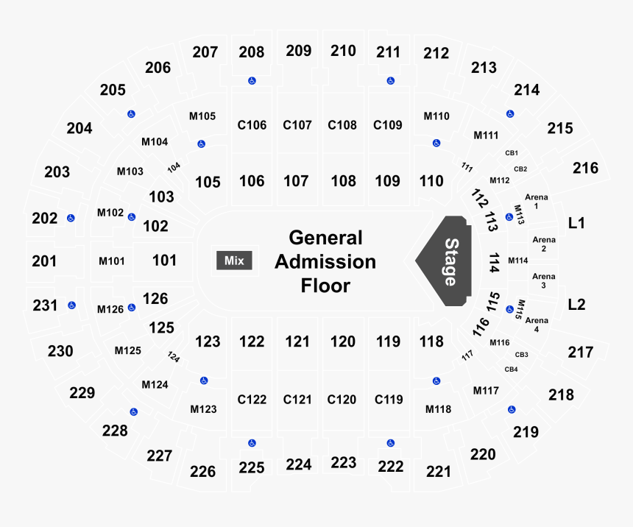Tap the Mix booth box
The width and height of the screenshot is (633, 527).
tap(234, 261)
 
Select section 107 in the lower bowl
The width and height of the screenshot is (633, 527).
tap(296, 181)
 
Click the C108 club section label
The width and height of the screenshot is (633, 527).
tap(342, 125)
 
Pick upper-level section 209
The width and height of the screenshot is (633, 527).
tap(299, 51)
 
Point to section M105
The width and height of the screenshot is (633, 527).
tap(202, 116)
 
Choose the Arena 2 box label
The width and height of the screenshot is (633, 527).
tap(544, 244)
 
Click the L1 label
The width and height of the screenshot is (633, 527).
tap(576, 223)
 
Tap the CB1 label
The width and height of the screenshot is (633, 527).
tap(512, 153)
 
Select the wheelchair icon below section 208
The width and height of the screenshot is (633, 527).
tap(252, 81)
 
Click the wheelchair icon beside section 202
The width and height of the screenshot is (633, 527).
tap(71, 218)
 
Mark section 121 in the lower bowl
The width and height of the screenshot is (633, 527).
tap(297, 342)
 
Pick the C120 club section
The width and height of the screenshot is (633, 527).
tap(342, 400)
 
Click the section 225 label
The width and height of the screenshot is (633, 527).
tap(252, 467)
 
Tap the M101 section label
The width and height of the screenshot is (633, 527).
tap(111, 261)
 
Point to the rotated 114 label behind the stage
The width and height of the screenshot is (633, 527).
tap(494, 263)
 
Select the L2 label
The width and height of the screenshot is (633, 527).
tap(576, 305)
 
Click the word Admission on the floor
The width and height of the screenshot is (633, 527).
tap(325, 262)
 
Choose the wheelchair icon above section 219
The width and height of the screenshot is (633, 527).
tap(512, 409)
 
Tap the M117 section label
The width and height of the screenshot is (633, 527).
tap(486, 391)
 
